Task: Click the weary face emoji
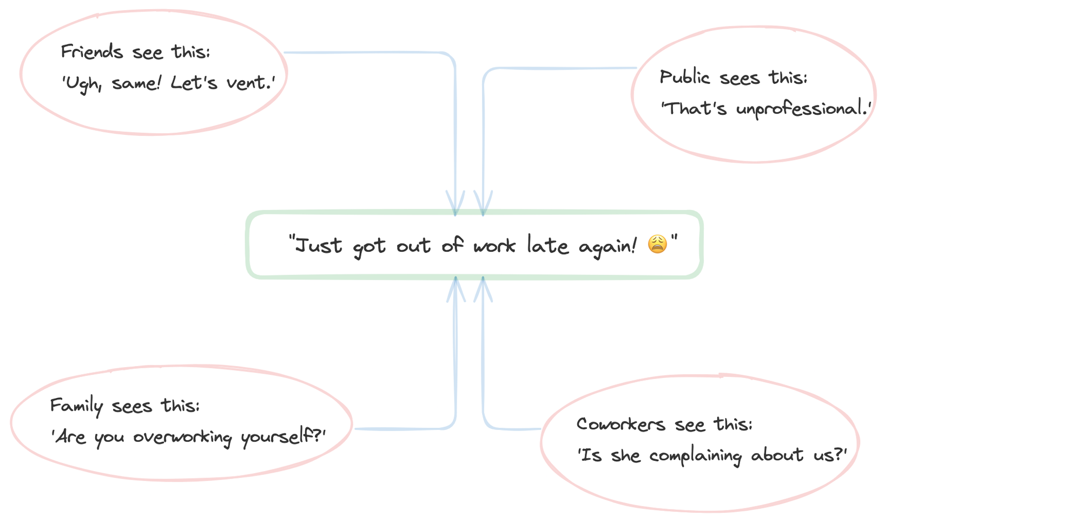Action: click(657, 244)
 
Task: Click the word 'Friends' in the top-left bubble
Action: click(92, 51)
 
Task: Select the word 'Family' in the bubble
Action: click(76, 406)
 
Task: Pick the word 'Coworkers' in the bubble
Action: click(621, 424)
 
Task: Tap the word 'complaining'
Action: click(695, 455)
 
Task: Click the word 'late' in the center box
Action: click(547, 245)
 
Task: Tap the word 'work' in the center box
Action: click(494, 246)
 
